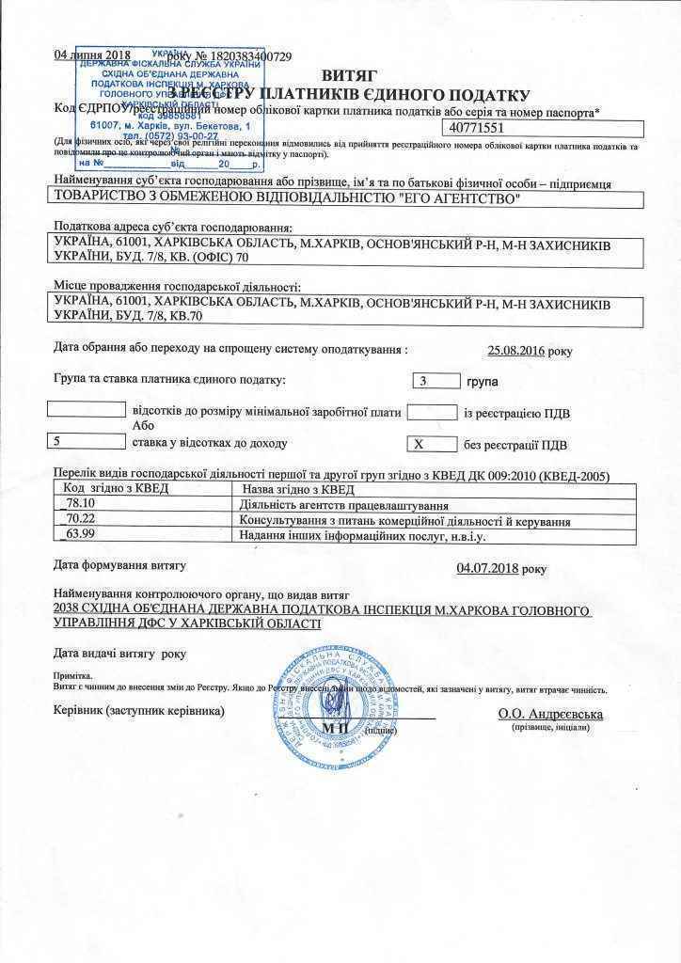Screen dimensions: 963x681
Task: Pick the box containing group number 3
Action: click(x=434, y=381)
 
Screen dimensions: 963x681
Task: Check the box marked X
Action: click(x=433, y=444)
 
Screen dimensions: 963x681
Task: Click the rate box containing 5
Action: click(x=86, y=440)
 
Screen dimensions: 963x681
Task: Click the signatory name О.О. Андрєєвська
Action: click(x=550, y=714)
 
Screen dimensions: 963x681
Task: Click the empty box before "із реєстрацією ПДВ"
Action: click(x=433, y=412)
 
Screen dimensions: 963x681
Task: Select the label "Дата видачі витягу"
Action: click(x=106, y=653)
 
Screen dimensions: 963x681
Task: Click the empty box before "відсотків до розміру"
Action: click(x=86, y=410)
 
